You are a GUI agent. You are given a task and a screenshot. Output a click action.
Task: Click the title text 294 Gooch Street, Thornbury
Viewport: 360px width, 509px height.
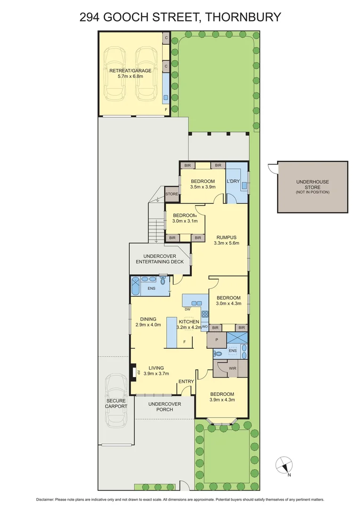pyautogui.click(x=180, y=17)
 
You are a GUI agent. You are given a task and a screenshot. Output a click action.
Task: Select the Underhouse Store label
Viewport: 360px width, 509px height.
pyautogui.click(x=312, y=184)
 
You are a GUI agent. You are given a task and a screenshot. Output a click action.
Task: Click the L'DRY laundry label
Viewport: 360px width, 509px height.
pyautogui.click(x=234, y=181)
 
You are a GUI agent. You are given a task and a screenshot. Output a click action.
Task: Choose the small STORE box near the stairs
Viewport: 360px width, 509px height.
pyautogui.click(x=172, y=194)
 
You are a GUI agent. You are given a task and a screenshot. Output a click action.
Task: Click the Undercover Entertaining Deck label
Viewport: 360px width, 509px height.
pyautogui.click(x=160, y=258)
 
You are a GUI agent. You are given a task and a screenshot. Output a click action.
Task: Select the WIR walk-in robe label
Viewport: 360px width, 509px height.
pyautogui.click(x=232, y=368)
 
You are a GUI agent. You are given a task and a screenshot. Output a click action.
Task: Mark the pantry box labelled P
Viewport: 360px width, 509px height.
pyautogui.click(x=216, y=339)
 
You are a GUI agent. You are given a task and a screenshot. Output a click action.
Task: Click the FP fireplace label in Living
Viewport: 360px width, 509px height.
pyautogui.click(x=138, y=372)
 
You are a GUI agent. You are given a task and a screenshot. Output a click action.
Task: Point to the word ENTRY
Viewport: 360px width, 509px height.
pyautogui.click(x=186, y=382)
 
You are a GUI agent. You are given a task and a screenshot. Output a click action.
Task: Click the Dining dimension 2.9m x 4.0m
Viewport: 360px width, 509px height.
pyautogui.click(x=148, y=325)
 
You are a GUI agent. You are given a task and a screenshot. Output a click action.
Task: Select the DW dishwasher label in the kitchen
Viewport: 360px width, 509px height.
pyautogui.click(x=188, y=310)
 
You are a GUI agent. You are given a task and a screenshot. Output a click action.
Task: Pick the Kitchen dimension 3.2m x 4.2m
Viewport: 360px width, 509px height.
pyautogui.click(x=188, y=327)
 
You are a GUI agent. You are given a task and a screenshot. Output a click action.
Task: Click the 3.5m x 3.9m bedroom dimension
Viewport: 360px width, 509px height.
pyautogui.click(x=203, y=187)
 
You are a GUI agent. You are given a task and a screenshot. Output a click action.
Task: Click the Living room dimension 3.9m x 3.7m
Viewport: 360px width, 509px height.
pyautogui.click(x=156, y=374)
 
